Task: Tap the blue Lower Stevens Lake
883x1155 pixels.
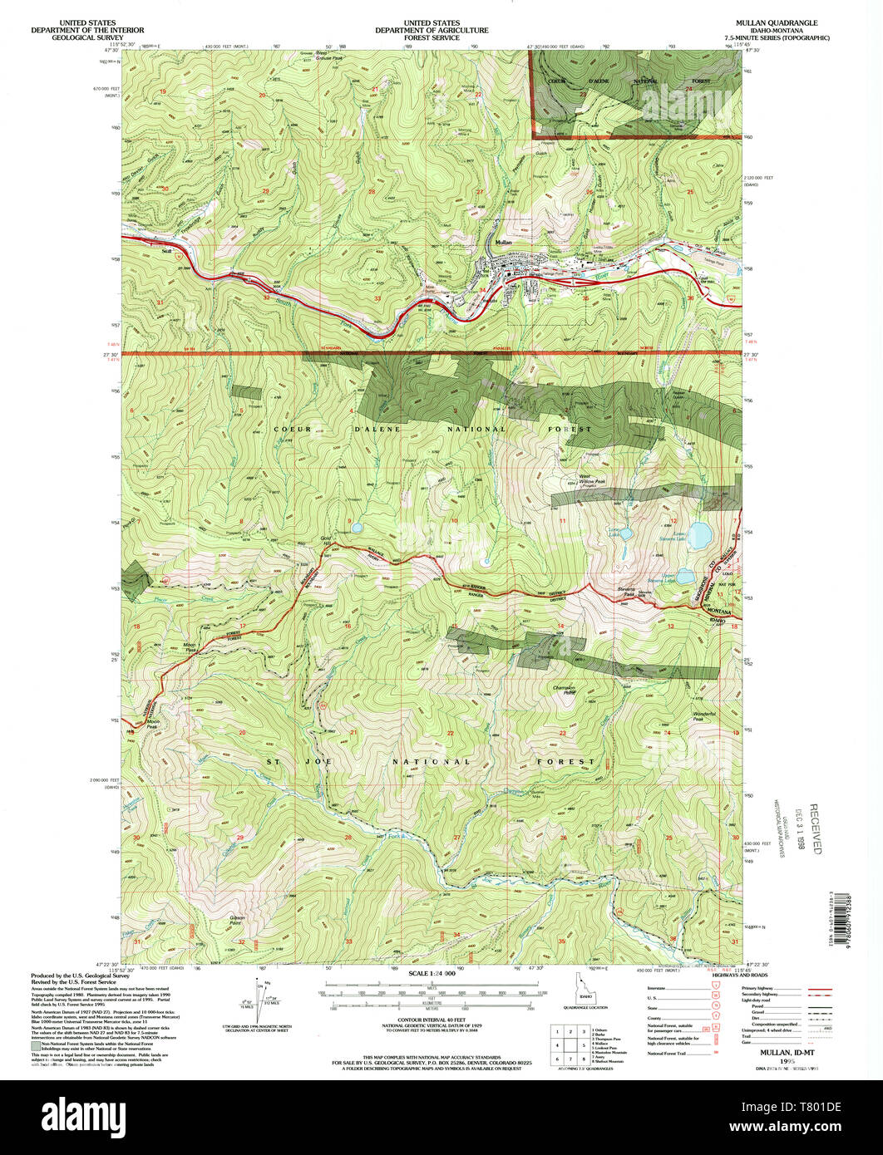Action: (698, 532)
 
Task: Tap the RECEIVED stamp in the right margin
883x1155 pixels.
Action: (815, 828)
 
